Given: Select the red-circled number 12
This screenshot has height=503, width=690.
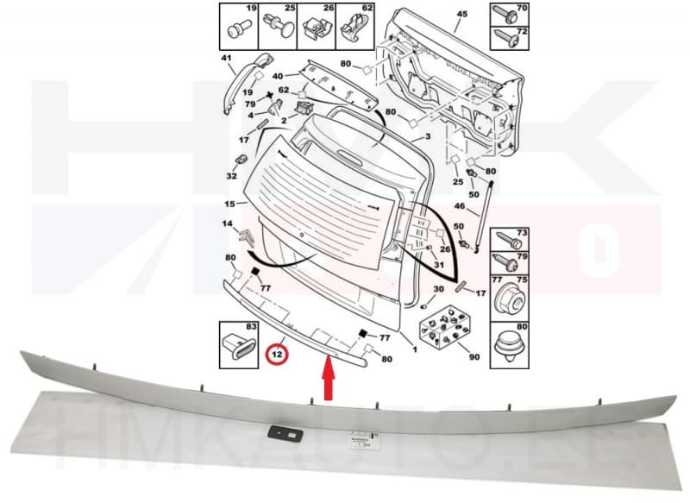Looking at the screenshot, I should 278,353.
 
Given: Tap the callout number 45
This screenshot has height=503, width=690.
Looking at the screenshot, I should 461,15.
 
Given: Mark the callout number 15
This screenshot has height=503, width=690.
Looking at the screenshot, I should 229,204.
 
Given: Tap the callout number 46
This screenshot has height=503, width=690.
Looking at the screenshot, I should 460,207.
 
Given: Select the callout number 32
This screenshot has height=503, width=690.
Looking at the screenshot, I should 231,176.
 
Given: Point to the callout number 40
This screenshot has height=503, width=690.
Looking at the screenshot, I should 279,75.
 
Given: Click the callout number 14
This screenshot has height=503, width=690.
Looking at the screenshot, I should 228,224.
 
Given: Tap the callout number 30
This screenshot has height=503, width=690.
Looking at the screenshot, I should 438,289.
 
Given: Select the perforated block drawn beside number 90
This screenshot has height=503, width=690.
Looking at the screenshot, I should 443,326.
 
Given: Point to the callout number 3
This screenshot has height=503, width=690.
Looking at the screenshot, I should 428,138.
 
